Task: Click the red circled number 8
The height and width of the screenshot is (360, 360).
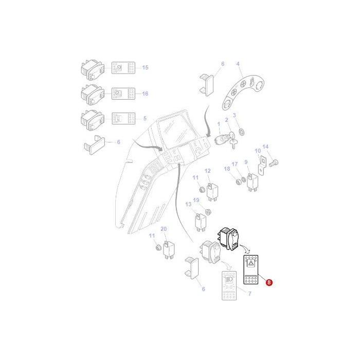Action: point(269,281)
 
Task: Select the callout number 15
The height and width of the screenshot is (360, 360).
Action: point(145,67)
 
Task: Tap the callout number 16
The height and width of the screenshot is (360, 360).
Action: point(145,94)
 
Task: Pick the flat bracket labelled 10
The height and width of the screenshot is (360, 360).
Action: point(261,164)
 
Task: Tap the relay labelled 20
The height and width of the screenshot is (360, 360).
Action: point(168,248)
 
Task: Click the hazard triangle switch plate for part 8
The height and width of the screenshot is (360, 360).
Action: point(251,271)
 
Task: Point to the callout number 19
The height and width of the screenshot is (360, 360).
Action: point(196,200)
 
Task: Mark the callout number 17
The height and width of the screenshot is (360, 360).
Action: point(235,165)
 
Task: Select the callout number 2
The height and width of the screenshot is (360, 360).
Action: point(226,120)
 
